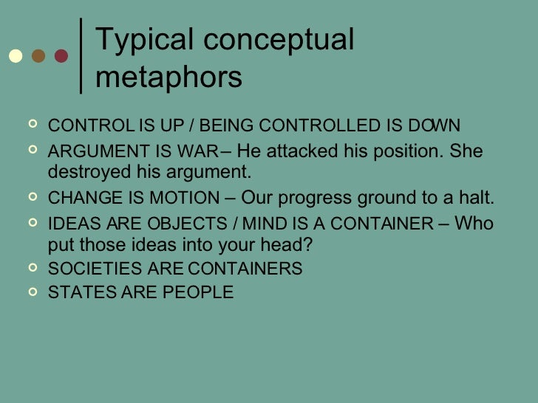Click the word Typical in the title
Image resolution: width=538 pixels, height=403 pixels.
point(138,41)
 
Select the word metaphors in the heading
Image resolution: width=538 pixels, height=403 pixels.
point(168,77)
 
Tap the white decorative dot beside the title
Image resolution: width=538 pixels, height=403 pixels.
point(15,56)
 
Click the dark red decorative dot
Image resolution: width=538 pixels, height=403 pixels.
point(61,56)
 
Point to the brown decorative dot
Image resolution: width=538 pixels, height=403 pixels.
point(38,56)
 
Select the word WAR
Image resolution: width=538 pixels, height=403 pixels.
point(198,153)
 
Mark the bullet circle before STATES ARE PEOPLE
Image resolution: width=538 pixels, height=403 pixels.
point(32,292)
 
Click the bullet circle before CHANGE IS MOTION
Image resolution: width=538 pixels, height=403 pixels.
point(32,198)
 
